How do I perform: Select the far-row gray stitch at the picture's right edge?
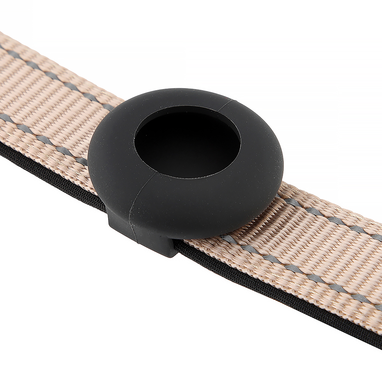pyautogui.click(x=376, y=237)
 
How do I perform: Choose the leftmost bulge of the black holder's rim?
pyautogui.click(x=88, y=160)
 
